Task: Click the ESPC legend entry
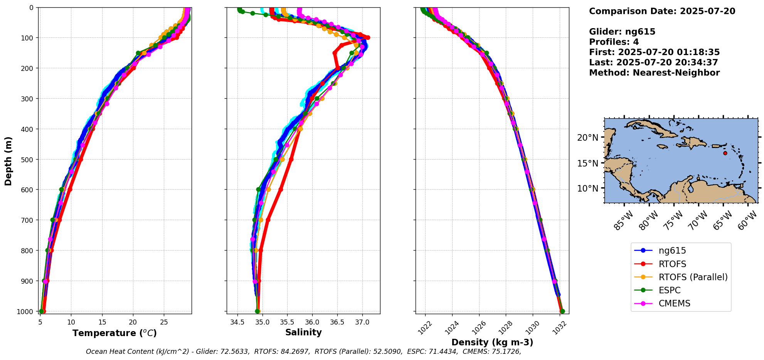point(669,290)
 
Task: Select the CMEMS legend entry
point(674,303)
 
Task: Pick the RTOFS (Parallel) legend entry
point(693,277)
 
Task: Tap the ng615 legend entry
point(672,251)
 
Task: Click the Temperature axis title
point(114,333)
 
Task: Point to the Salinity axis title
point(303,332)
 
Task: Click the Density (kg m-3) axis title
point(492,342)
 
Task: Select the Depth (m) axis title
point(8,161)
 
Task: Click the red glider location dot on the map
point(725,153)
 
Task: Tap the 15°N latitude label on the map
point(588,163)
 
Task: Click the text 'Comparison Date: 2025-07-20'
point(662,11)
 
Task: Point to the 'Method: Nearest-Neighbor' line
point(654,73)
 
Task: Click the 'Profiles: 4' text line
point(614,42)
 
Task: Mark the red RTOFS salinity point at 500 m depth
point(291,159)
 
